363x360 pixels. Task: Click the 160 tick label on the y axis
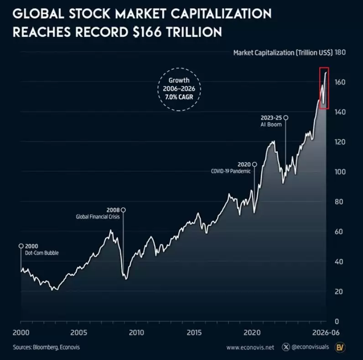tap(340, 82)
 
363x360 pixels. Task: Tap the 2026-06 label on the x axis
tap(326, 333)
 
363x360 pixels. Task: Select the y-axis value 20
tap(338, 292)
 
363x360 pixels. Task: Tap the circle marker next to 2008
tap(124, 210)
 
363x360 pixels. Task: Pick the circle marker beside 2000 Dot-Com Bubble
tap(21, 246)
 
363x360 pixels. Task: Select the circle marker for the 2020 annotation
tap(254, 164)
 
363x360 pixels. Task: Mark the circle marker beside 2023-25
tap(286, 118)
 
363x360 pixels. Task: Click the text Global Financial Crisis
tap(98, 217)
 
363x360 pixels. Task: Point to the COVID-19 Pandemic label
tap(231, 171)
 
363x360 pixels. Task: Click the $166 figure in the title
tap(147, 32)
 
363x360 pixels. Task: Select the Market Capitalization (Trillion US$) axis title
tap(283, 53)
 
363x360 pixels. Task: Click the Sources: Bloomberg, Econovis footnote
tap(47, 347)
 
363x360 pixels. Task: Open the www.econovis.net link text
tap(250, 348)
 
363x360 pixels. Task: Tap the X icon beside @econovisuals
tap(286, 347)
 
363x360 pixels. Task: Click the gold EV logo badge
tap(340, 347)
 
